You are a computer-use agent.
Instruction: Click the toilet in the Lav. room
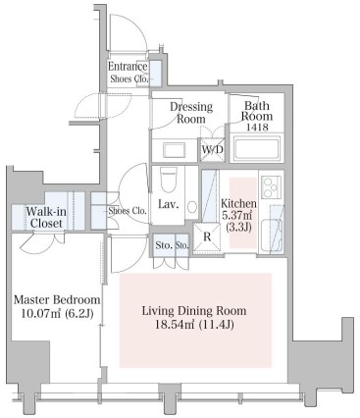pyautogui.click(x=169, y=180)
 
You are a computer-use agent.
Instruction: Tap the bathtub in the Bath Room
pyautogui.click(x=257, y=149)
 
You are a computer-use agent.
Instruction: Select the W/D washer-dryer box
pyautogui.click(x=212, y=150)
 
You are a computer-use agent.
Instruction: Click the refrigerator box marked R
pyautogui.click(x=207, y=236)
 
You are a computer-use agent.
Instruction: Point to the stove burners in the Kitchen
pyautogui.click(x=271, y=186)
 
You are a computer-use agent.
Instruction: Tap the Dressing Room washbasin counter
pyautogui.click(x=175, y=150)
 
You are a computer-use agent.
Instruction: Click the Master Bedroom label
pyautogui.click(x=57, y=299)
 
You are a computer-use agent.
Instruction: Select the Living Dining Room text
pyautogui.click(x=194, y=310)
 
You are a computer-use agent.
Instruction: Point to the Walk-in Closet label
pyautogui.click(x=46, y=218)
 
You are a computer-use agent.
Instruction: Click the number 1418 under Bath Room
pyautogui.click(x=258, y=127)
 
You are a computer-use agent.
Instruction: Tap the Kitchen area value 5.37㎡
pyautogui.click(x=238, y=215)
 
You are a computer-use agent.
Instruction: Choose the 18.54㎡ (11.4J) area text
pyautogui.click(x=195, y=325)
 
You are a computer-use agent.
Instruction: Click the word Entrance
pyautogui.click(x=128, y=67)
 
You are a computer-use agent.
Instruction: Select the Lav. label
pyautogui.click(x=169, y=205)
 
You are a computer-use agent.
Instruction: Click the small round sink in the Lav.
pyautogui.click(x=192, y=207)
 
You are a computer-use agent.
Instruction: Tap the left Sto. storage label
pyautogui.click(x=164, y=245)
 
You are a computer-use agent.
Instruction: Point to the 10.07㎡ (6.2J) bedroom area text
pyautogui.click(x=57, y=314)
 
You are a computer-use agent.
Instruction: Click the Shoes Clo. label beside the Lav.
pyautogui.click(x=128, y=211)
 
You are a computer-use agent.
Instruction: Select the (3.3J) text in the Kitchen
pyautogui.click(x=238, y=227)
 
